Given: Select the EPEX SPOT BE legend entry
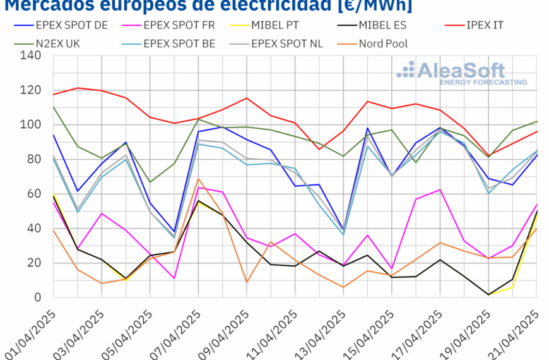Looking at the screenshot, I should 179,44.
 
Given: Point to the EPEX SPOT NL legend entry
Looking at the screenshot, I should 289,44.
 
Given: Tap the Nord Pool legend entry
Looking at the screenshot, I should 382,44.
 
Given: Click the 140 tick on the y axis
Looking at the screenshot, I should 30,56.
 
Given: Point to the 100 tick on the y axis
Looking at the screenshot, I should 30,124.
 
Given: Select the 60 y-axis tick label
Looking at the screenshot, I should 33,194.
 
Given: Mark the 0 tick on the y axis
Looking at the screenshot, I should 37,297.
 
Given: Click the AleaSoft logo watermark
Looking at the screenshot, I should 464,73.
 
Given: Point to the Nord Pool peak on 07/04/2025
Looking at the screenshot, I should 199,179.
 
